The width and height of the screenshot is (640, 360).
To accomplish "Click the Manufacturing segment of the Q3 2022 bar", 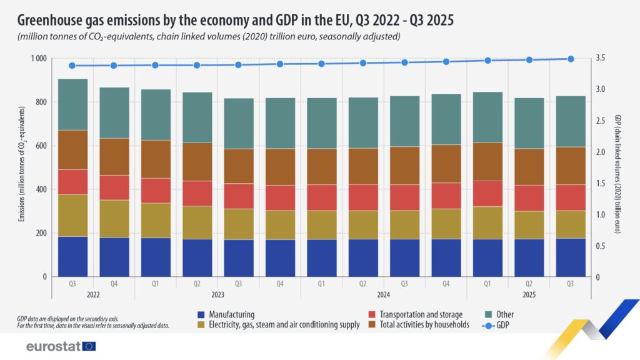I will [72, 256].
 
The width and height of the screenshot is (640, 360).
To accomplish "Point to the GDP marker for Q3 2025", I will [570, 59].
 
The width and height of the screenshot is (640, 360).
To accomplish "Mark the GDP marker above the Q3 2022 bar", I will [72, 66].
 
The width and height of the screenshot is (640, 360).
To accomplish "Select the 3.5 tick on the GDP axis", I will [602, 58].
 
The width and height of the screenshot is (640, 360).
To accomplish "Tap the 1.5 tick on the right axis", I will [602, 183].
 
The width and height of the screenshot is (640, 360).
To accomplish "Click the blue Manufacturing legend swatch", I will [201, 314].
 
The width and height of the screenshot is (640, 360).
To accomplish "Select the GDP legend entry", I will [496, 324].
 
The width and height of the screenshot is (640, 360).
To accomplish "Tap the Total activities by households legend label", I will [423, 324].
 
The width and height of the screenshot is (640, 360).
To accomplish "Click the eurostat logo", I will [61, 346].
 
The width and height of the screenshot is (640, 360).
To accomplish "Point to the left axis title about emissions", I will [21, 167].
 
